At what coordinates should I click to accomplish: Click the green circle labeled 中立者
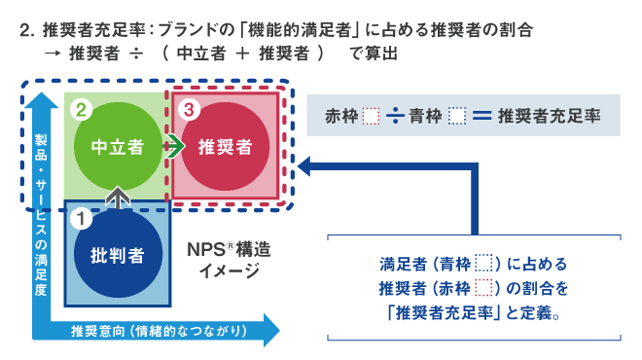pos(117,147)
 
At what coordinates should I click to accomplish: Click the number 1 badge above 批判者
pos(83,219)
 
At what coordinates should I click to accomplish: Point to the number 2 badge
pos(83,110)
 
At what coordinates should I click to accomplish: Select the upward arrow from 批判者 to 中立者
pos(117,198)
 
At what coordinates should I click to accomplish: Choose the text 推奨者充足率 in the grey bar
pos(547,116)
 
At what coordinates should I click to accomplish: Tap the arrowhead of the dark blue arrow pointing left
pos(306,167)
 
